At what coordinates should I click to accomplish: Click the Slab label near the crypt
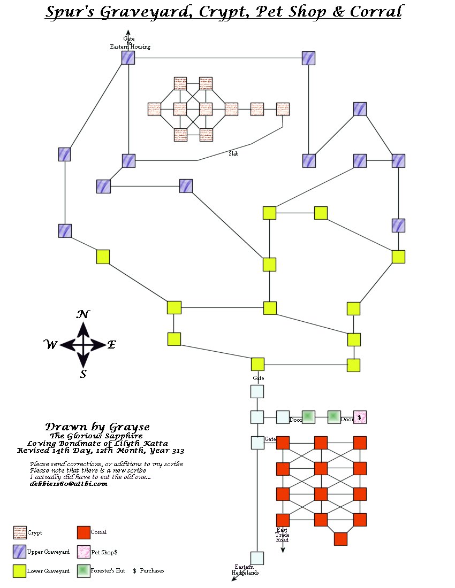(233, 154)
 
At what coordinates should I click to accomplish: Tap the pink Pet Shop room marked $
(360, 417)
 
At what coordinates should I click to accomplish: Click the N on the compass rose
(82, 314)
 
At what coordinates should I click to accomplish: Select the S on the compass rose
(83, 374)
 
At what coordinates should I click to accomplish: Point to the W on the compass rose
(50, 345)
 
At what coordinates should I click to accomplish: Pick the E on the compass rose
(111, 345)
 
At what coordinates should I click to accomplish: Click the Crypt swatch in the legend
(20, 532)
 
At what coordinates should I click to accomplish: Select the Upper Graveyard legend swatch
(20, 552)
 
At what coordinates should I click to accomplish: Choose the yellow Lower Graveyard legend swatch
(20, 571)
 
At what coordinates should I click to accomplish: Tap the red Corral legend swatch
(83, 532)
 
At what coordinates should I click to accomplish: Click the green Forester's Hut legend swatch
(83, 571)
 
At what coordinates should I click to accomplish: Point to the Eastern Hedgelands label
(245, 570)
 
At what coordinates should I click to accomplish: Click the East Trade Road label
(282, 535)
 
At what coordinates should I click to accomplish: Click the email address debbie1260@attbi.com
(69, 484)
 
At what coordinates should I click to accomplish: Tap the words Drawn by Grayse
(97, 427)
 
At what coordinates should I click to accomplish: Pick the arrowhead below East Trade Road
(282, 550)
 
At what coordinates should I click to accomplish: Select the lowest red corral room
(340, 539)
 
